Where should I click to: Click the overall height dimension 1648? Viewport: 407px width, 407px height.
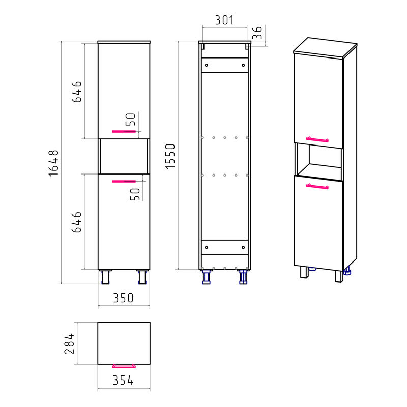coord(54,163)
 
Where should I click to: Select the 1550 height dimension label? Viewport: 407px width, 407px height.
coord(170,156)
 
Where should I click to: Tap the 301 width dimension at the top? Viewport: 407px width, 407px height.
coord(224,20)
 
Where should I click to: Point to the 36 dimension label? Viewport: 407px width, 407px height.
coord(257,33)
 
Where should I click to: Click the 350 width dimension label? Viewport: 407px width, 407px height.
coord(123,298)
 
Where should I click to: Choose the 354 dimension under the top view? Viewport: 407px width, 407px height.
coord(123,380)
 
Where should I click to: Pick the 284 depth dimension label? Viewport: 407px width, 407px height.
coord(69,343)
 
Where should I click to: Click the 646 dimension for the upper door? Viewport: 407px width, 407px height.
coord(77,92)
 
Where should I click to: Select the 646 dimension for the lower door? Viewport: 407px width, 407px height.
coord(77,222)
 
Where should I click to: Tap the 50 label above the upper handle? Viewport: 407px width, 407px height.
coord(131,120)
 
